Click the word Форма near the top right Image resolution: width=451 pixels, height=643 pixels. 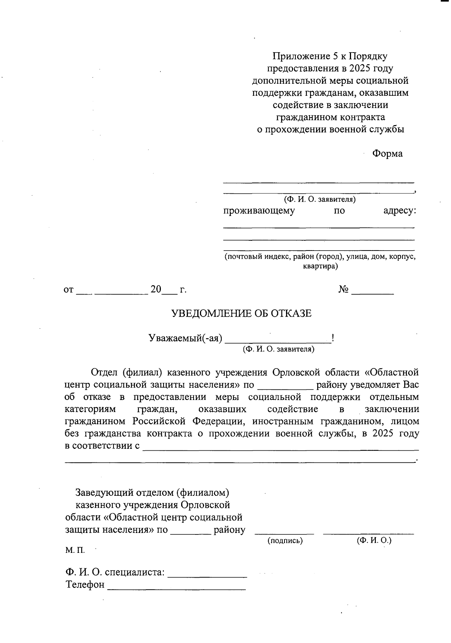[387, 154]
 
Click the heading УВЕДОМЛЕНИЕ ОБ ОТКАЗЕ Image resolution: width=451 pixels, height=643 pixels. [242, 313]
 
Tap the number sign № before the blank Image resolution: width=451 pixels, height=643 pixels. [344, 290]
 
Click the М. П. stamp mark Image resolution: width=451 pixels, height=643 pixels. [75, 551]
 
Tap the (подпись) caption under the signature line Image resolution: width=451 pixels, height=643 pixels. [285, 541]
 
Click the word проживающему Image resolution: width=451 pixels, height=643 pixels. [259, 211]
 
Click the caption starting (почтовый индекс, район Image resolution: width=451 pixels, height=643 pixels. [320, 257]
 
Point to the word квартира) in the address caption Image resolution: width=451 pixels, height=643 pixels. [320, 267]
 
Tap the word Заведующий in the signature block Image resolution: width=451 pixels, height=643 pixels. [100, 492]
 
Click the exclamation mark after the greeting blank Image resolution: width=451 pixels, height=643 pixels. [333, 338]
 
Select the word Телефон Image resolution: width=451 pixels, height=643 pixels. [85, 585]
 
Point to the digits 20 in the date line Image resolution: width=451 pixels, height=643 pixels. [156, 290]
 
